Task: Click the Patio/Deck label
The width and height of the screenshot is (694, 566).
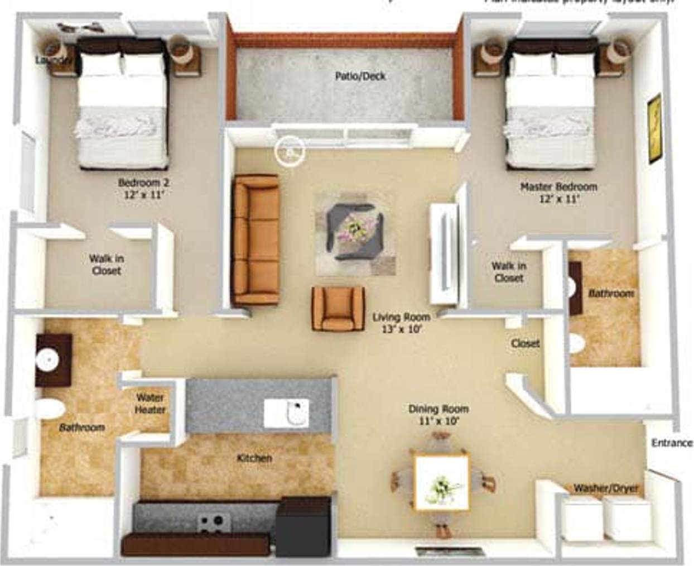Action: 360,76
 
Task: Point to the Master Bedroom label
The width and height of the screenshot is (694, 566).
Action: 558,192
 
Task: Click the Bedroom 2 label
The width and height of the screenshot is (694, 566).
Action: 143,188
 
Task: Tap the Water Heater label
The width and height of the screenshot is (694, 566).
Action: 150,404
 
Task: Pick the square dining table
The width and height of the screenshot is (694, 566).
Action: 441,483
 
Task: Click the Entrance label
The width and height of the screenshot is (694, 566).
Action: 672,443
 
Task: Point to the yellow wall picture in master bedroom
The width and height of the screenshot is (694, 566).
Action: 654,129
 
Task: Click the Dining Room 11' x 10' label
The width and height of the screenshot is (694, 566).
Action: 438,415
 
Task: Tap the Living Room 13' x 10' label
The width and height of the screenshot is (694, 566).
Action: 401,323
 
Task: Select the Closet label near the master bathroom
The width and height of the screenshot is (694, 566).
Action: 525,343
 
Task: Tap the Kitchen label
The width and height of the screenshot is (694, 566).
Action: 254,458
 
